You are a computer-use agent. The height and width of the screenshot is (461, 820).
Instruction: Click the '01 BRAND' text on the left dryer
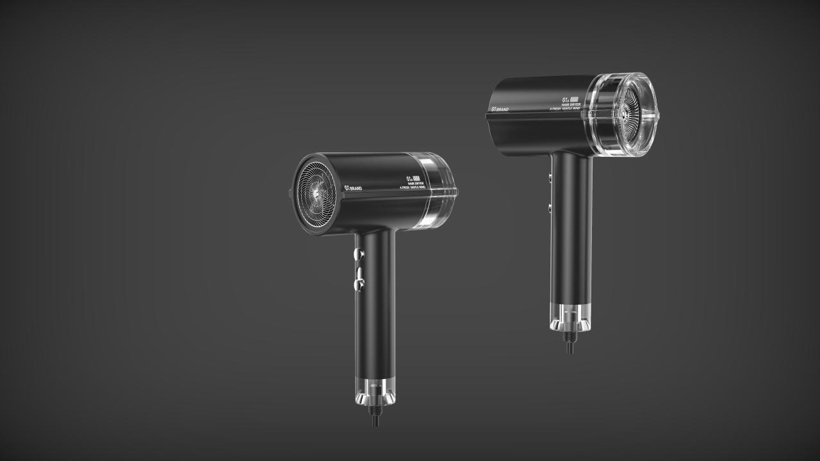click(353, 187)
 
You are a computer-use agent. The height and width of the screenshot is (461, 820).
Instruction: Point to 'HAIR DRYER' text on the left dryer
click(416, 184)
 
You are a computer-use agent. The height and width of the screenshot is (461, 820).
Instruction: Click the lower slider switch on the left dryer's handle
click(360, 279)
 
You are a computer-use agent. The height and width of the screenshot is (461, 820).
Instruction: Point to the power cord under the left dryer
click(375, 420)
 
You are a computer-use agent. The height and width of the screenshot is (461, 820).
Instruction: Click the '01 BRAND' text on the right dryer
click(499, 109)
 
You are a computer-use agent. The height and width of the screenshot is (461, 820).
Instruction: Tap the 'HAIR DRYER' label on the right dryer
click(570, 104)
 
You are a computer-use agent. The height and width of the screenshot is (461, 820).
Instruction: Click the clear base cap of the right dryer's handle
click(570, 317)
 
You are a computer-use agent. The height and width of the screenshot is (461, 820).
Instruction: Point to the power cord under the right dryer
click(570, 346)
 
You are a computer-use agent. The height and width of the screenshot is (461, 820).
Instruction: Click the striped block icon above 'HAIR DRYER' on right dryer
click(574, 99)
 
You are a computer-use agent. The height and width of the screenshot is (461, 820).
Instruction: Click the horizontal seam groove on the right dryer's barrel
click(538, 117)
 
